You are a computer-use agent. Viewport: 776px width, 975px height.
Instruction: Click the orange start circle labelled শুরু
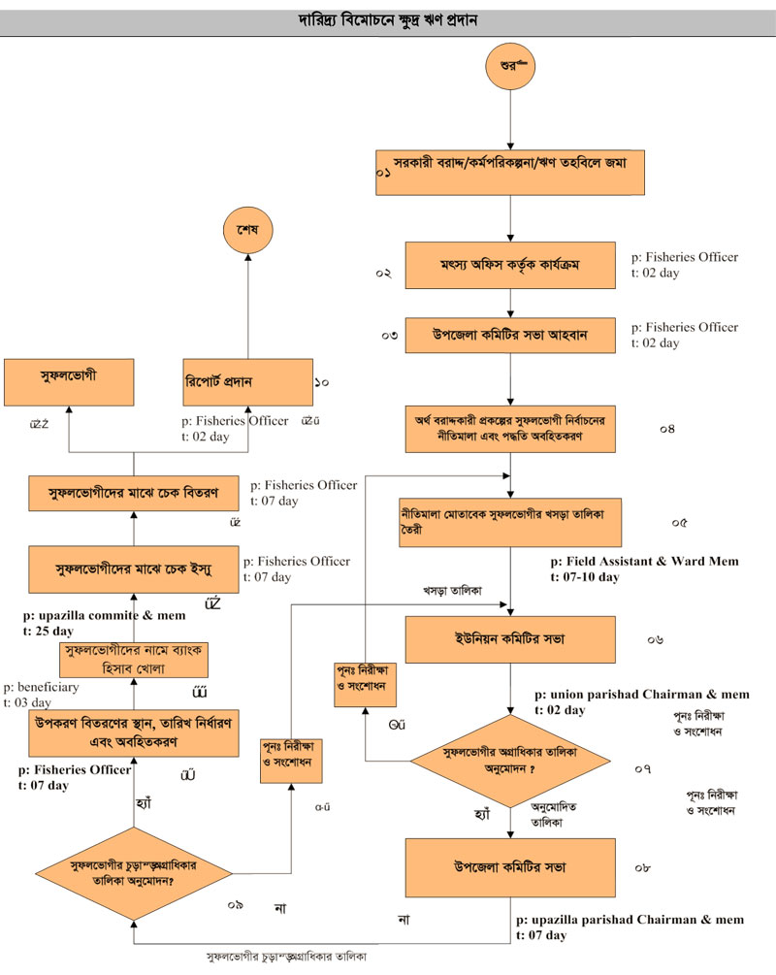coord(510,67)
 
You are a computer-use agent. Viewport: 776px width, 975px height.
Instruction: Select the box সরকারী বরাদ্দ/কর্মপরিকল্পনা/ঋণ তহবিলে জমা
coord(510,163)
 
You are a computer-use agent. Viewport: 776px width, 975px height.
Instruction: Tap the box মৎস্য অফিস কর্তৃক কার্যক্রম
coord(510,265)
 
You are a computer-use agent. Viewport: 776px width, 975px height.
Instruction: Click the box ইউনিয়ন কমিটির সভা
coord(510,639)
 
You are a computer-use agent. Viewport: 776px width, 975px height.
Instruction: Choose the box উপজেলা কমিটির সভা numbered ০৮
coord(510,865)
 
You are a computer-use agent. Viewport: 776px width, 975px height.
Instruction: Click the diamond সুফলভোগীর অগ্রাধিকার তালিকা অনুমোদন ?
coord(510,758)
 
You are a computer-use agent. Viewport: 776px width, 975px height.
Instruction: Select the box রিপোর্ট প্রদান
coord(246,382)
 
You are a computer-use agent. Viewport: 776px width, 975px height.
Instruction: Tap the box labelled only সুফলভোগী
coord(68,382)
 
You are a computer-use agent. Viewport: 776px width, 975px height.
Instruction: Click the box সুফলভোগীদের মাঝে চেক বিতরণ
coord(133,493)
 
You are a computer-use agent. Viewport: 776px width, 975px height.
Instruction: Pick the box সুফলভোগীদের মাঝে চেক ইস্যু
coord(133,564)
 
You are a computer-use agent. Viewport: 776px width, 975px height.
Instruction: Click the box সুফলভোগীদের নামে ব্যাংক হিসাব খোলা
coord(132,658)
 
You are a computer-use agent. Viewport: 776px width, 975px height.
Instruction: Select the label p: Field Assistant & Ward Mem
coord(644,561)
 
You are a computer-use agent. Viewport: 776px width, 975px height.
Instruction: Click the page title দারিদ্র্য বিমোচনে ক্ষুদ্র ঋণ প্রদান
coord(388,20)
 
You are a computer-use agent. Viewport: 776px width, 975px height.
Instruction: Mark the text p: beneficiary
coord(41,686)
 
